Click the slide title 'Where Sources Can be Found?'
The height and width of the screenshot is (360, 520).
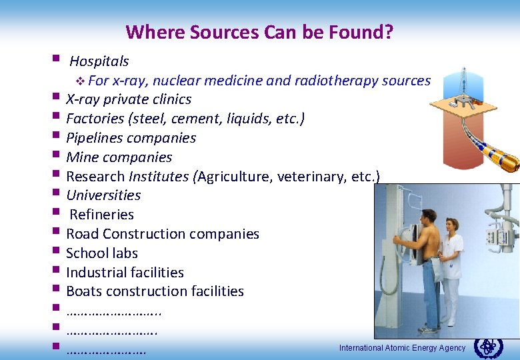(259, 31)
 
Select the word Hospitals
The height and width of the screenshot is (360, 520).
(99, 61)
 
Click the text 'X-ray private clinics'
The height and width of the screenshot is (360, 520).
(129, 99)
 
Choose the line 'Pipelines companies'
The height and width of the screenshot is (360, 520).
(131, 138)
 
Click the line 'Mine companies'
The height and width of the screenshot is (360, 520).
(119, 157)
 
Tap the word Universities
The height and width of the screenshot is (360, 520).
(103, 195)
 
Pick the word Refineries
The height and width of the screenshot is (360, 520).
(101, 215)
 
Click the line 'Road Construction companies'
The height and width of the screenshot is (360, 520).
(163, 234)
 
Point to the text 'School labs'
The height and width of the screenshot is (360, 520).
(102, 253)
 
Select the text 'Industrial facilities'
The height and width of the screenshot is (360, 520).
(125, 273)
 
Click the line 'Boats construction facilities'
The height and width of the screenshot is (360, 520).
(155, 291)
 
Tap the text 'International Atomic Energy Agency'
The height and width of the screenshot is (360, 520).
(402, 348)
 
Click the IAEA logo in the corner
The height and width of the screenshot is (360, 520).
(489, 347)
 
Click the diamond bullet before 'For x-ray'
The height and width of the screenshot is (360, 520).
(80, 81)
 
